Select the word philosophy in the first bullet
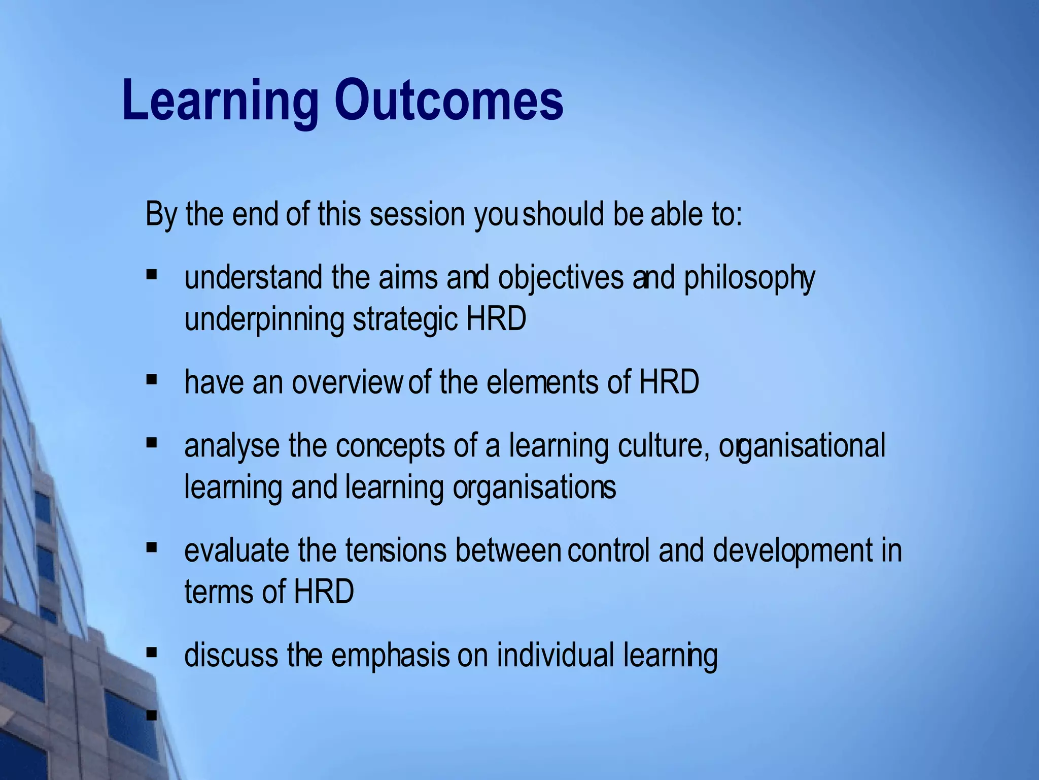point(749,279)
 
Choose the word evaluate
point(236,550)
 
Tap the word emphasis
point(390,656)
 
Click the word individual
point(556,655)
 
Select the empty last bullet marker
point(151,716)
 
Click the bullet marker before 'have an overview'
point(151,379)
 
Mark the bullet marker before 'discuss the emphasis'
point(151,652)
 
